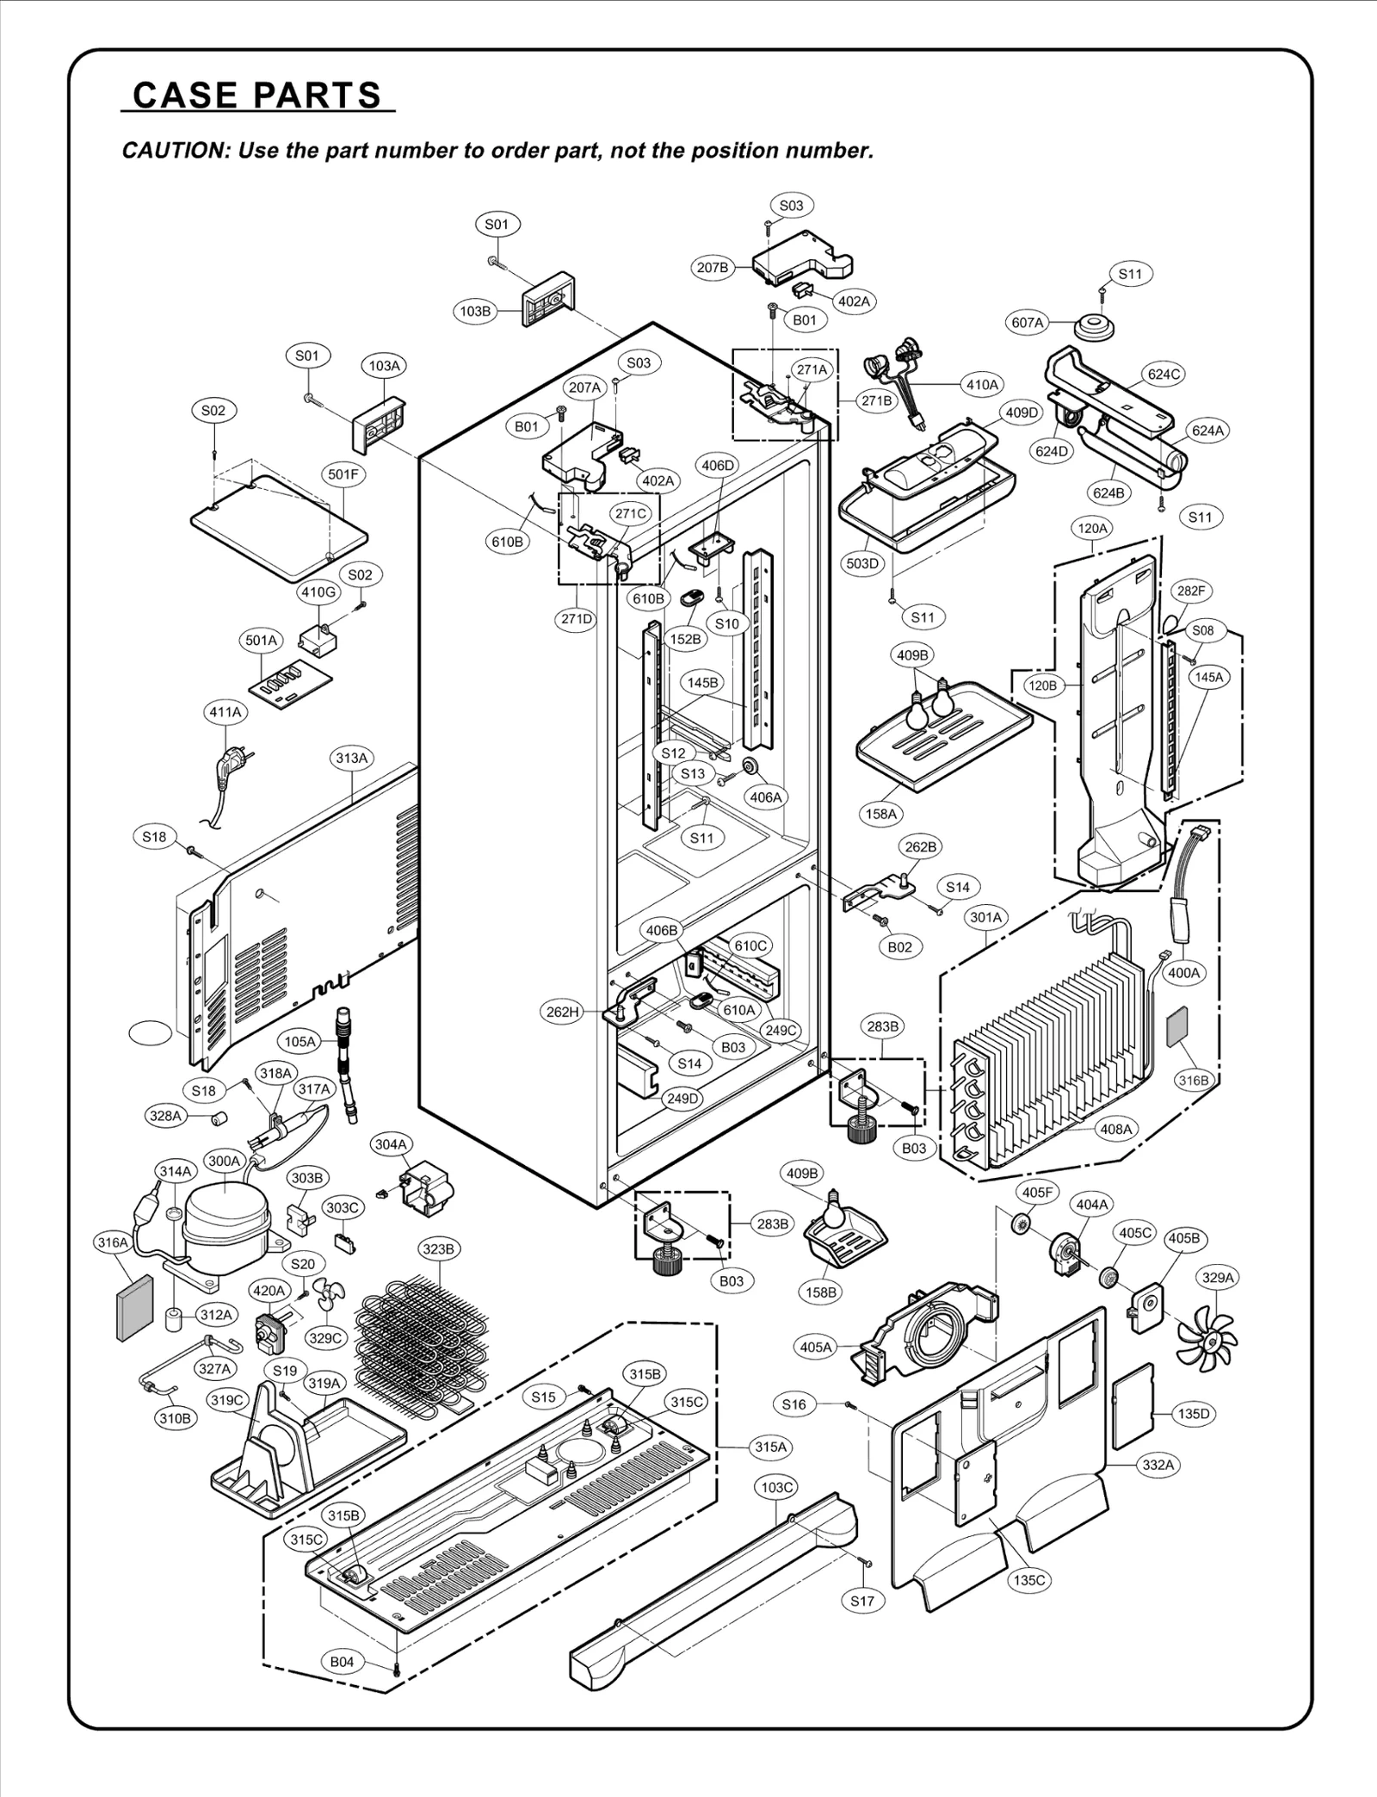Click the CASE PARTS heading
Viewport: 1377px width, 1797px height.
(x=256, y=95)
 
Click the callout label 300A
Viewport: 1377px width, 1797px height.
(x=224, y=1161)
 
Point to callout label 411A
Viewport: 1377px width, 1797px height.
(x=225, y=712)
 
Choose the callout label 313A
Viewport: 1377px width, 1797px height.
(x=351, y=758)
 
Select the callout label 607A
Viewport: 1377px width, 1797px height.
(x=1028, y=323)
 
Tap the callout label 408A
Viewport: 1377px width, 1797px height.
(x=1116, y=1129)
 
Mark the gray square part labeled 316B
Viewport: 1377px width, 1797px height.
(x=1176, y=1026)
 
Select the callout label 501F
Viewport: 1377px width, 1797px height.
(x=343, y=474)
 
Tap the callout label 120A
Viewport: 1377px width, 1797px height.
(x=1092, y=528)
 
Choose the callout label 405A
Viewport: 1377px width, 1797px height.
(x=816, y=1347)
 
